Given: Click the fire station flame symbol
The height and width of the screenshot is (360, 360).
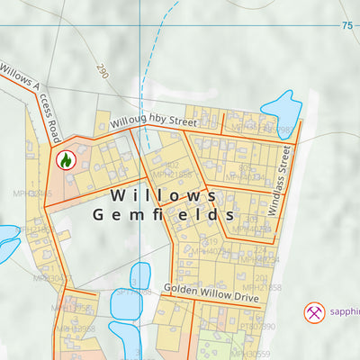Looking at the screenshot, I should pyautogui.click(x=65, y=160).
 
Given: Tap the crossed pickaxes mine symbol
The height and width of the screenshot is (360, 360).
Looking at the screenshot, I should pyautogui.click(x=315, y=312).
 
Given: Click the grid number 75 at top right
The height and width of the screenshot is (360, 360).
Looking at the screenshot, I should pyautogui.click(x=347, y=26).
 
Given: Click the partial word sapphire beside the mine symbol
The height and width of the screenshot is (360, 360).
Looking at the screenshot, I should pyautogui.click(x=343, y=312).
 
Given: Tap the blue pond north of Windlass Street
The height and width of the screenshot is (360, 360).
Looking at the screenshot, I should pyautogui.click(x=281, y=107).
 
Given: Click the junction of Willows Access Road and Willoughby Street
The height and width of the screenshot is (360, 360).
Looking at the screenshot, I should pyautogui.click(x=59, y=142).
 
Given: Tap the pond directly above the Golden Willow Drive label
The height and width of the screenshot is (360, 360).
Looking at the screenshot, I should pyautogui.click(x=141, y=276).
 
